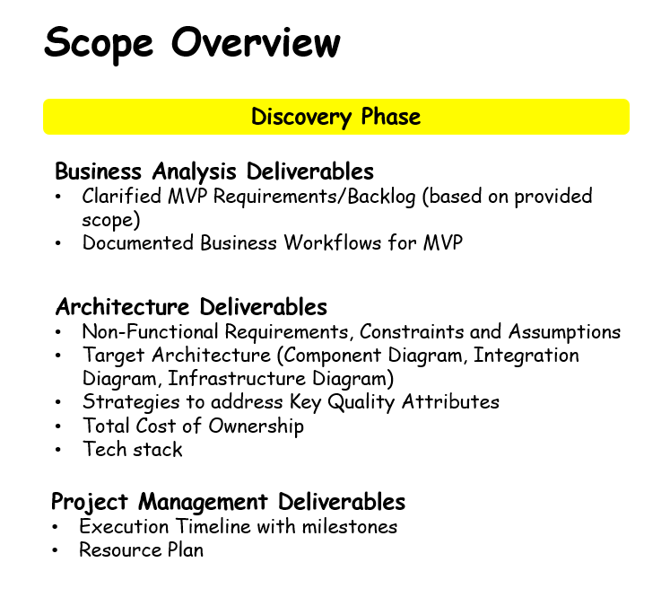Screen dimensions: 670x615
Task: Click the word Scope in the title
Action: coord(99,44)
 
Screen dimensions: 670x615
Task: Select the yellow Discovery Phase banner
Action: coord(336,117)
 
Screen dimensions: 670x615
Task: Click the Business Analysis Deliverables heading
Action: coord(214,171)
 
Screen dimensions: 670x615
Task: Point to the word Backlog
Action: coord(381,197)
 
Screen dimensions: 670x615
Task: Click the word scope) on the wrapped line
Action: coord(111,220)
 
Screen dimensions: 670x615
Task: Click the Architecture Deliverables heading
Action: coord(191,307)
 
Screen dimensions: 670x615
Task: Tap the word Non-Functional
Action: coord(151,331)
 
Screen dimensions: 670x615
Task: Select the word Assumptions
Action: coord(564,332)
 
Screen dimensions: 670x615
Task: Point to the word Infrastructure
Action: coord(237,378)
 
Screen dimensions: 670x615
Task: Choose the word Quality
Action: coord(361,402)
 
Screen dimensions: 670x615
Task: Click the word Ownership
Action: coord(256,426)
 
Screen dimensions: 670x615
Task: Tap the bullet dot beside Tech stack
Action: coord(58,450)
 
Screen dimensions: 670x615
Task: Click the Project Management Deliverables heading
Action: coord(228,502)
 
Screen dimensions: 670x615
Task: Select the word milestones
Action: coord(350,526)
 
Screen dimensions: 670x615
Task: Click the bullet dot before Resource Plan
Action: coord(55,550)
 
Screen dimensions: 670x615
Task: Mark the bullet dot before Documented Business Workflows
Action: coord(58,243)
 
